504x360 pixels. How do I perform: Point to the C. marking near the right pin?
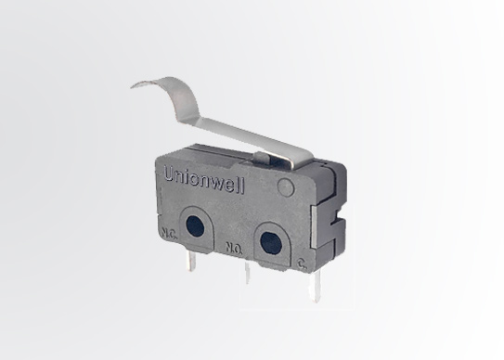pos(303,264)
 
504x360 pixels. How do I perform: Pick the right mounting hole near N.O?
pos(268,243)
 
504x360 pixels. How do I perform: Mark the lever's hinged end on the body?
pos(311,167)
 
